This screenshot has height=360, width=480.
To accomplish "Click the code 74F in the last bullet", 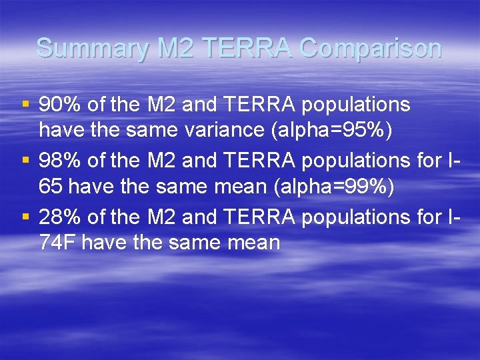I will pyautogui.click(x=58, y=243).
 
